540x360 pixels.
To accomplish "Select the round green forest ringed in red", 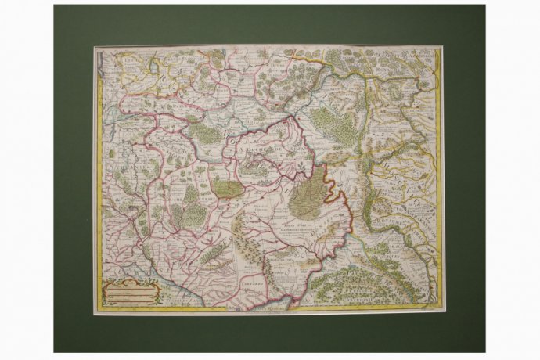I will tap(226, 188).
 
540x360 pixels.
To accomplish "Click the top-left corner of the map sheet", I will tap(95, 46).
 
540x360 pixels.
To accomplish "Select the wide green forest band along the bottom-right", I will tap(368, 286).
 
